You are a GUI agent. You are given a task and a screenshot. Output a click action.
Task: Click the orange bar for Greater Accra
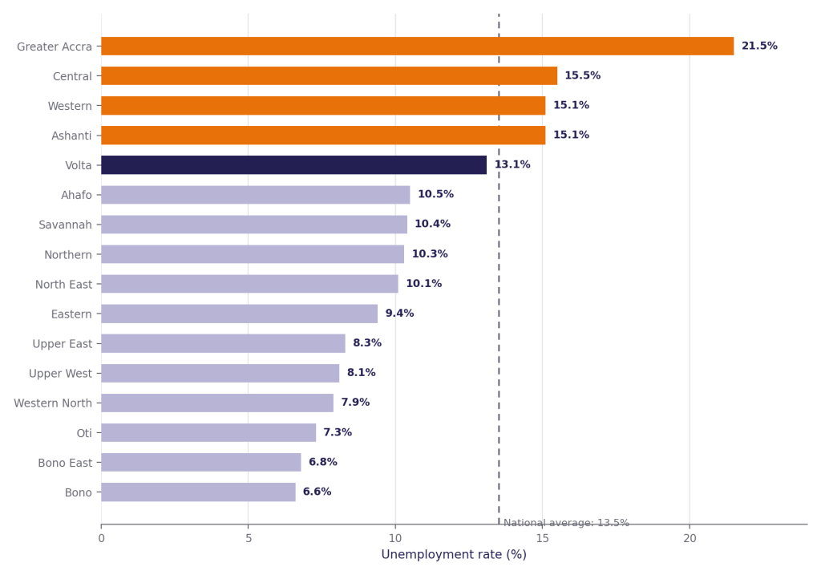(417, 46)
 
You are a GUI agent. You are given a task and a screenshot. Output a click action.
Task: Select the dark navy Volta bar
(293, 165)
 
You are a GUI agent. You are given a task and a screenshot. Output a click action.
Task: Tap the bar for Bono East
(201, 463)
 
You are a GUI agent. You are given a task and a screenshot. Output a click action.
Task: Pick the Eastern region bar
(239, 314)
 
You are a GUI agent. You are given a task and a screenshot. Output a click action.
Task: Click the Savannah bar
(254, 225)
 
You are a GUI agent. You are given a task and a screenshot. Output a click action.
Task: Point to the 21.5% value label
(759, 46)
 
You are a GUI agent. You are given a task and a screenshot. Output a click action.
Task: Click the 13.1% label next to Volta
(512, 164)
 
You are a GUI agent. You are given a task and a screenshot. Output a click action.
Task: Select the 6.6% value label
(317, 492)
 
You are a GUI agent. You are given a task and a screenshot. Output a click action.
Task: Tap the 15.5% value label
(582, 75)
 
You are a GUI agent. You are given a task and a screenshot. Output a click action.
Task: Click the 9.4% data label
(399, 313)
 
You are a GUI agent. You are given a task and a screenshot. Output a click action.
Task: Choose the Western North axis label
(53, 403)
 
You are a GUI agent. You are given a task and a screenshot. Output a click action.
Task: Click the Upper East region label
(63, 344)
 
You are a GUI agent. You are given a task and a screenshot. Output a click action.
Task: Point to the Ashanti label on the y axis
(71, 136)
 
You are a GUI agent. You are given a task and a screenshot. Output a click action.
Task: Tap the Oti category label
(84, 433)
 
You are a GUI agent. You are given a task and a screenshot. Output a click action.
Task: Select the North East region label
(63, 285)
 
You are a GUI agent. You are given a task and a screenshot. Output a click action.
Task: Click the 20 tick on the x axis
(690, 538)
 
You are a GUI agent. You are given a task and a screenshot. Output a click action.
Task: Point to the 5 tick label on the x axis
(249, 538)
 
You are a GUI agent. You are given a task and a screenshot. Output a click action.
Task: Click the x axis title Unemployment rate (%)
(454, 555)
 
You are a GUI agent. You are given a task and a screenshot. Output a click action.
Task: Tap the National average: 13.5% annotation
(566, 523)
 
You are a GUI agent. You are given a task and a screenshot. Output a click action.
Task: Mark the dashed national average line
(499, 269)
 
